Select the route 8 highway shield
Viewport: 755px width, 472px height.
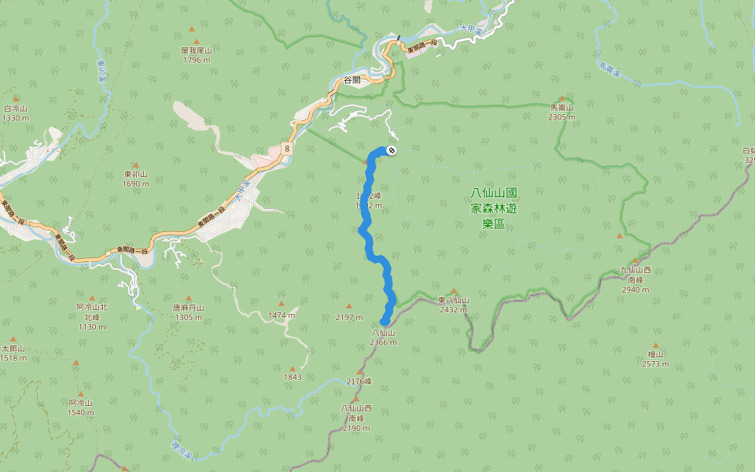(288, 147)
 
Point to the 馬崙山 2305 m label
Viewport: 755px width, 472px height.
(562, 112)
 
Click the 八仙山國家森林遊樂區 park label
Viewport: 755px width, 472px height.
(494, 208)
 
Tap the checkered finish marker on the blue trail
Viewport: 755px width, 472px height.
(391, 151)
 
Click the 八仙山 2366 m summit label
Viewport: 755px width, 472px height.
(383, 337)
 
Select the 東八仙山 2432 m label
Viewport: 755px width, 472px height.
(454, 304)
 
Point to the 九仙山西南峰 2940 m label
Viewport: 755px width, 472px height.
(635, 279)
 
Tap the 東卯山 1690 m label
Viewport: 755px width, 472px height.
(136, 179)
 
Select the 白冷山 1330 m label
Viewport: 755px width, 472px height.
(16, 113)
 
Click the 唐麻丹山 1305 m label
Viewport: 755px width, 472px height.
(189, 312)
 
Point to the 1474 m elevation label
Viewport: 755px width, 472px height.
(282, 315)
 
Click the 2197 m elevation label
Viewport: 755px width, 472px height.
(349, 317)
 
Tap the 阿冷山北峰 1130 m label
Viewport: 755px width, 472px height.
(92, 316)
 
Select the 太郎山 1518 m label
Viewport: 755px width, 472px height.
(13, 352)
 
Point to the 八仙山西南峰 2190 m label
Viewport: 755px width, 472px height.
(356, 418)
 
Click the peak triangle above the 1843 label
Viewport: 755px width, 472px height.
(293, 367)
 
